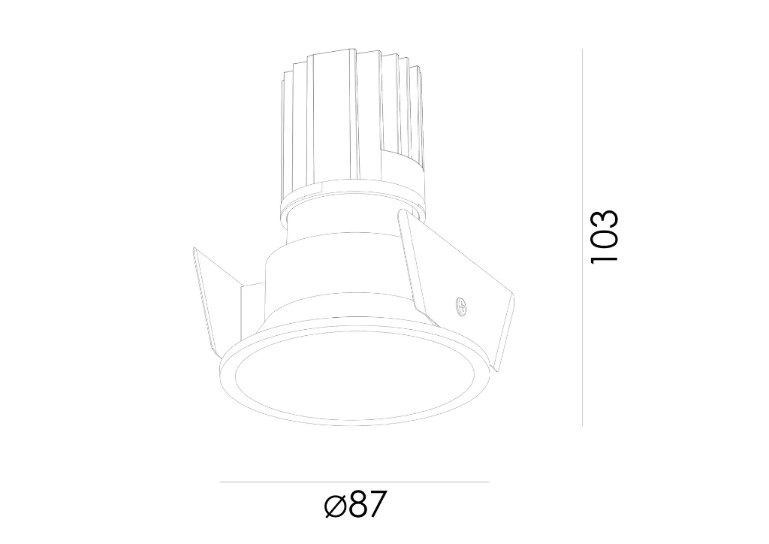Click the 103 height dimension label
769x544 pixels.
coord(605,236)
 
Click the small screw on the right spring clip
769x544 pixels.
coord(461,305)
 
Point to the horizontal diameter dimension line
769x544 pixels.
coord(354,482)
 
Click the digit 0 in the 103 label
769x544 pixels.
coord(605,238)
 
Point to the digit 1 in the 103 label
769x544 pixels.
coord(605,255)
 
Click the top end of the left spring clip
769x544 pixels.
coord(195,249)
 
